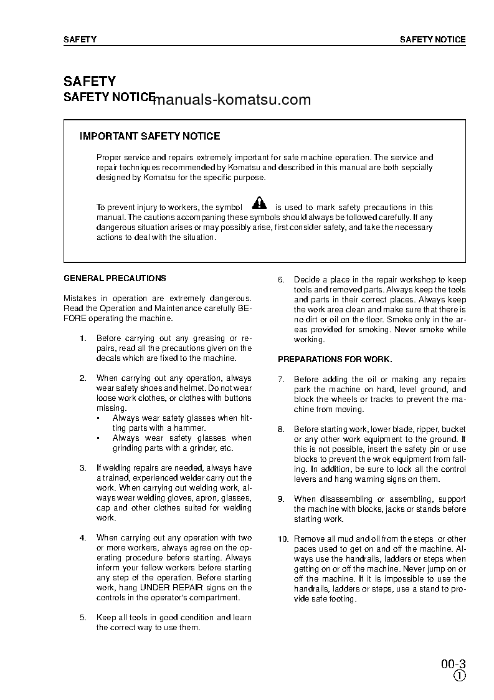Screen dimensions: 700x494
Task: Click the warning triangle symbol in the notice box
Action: coord(259,203)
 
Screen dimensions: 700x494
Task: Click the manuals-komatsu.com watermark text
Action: coord(231,100)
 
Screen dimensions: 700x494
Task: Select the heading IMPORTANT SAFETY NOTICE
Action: coord(150,136)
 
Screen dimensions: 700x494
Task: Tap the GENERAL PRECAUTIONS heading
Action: coord(115,278)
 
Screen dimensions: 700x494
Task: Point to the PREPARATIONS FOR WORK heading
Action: coord(335,360)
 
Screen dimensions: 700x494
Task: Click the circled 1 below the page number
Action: coord(459,676)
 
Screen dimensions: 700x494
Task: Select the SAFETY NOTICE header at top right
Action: coord(432,39)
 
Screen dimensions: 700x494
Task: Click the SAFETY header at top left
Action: coord(80,39)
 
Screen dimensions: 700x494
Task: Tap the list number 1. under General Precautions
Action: coord(83,338)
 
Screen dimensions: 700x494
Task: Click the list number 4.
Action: coord(83,538)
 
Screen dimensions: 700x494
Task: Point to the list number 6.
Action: coord(281,280)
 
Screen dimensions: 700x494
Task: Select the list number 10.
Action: coord(283,539)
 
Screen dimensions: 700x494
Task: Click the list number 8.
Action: coord(281,429)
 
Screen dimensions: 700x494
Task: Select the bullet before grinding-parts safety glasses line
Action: coord(98,438)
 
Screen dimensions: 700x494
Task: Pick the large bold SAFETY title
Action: coord(89,81)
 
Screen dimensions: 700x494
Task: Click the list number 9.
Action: coord(281,499)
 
